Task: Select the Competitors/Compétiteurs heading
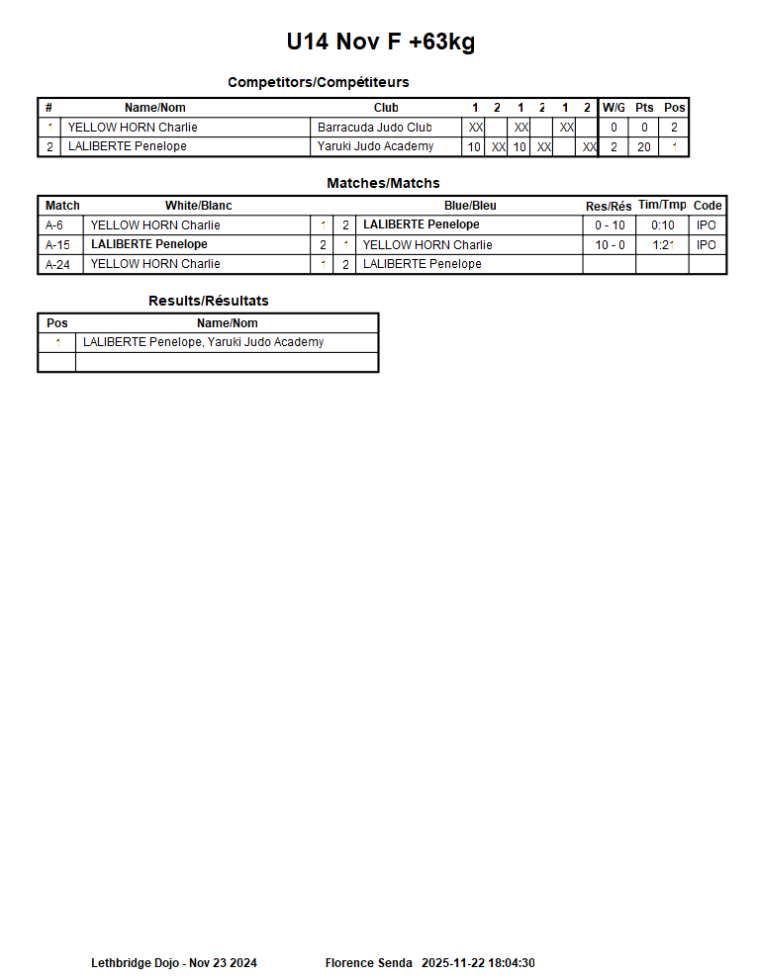pos(318,82)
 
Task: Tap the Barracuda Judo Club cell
pos(375,128)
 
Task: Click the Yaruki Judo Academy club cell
pos(375,146)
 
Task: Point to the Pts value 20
pos(644,146)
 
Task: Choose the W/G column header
pos(614,108)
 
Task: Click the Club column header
pos(386,108)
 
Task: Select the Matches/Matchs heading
pos(383,183)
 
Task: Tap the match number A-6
pos(54,225)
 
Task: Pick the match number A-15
pos(57,244)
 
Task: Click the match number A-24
pos(57,264)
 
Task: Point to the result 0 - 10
pos(610,225)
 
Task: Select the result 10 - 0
pos(610,244)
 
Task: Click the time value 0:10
pos(662,225)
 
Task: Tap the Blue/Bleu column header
pos(470,206)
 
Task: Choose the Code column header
pos(708,206)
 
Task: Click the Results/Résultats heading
pos(208,301)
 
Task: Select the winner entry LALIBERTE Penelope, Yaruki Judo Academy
pos(204,342)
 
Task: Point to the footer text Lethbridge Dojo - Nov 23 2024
pos(174,963)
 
